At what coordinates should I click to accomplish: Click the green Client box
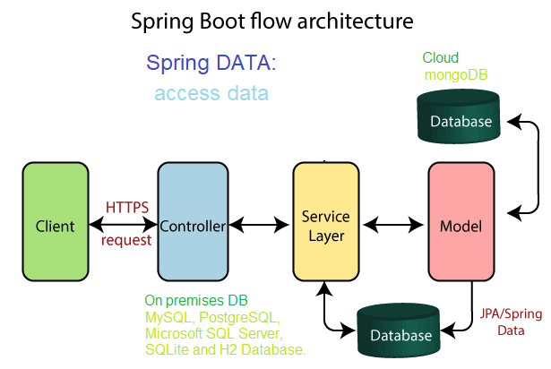(56, 222)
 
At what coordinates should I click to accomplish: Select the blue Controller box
(193, 222)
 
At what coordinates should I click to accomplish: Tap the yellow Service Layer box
(326, 222)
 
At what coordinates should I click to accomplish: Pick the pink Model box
(461, 222)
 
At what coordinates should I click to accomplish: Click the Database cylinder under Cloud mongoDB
(459, 116)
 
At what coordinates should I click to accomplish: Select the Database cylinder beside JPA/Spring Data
(399, 330)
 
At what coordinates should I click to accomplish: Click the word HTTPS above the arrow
(127, 208)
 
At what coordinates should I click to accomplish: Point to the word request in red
(126, 241)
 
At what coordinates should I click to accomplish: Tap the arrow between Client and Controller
(123, 224)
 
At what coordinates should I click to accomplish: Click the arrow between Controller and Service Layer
(259, 224)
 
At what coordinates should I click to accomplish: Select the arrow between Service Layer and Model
(393, 224)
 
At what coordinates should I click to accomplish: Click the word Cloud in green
(440, 57)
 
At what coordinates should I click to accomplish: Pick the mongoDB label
(456, 75)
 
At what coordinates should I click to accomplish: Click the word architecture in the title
(356, 21)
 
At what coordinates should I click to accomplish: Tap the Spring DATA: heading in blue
(211, 64)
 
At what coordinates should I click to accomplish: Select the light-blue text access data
(211, 93)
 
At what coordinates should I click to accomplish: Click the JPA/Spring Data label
(511, 322)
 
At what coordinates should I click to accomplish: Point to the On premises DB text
(196, 301)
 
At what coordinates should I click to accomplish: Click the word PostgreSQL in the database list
(239, 317)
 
